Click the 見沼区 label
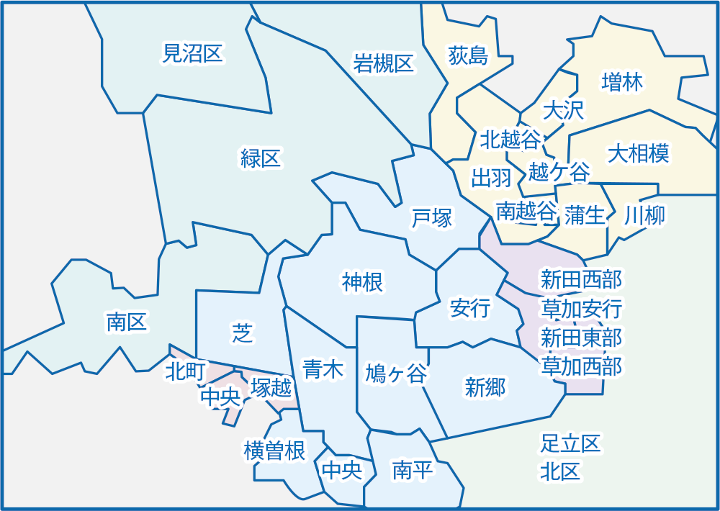[x=193, y=53]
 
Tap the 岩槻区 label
[x=384, y=63]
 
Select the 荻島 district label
[x=468, y=55]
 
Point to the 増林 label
[x=621, y=82]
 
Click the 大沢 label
[x=563, y=110]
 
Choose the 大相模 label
[x=639, y=153]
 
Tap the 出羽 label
[x=491, y=178]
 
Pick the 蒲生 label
[x=585, y=214]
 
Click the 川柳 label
[x=644, y=214]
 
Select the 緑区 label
[x=261, y=158]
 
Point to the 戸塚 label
[x=432, y=218]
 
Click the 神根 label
[x=363, y=283]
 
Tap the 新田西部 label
[x=581, y=279]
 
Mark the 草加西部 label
[x=581, y=366]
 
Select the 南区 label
[x=127, y=322]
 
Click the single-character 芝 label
[x=241, y=333]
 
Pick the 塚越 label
[x=271, y=389]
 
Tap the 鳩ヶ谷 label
[x=396, y=374]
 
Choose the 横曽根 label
[x=275, y=451]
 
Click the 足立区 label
[x=570, y=443]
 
